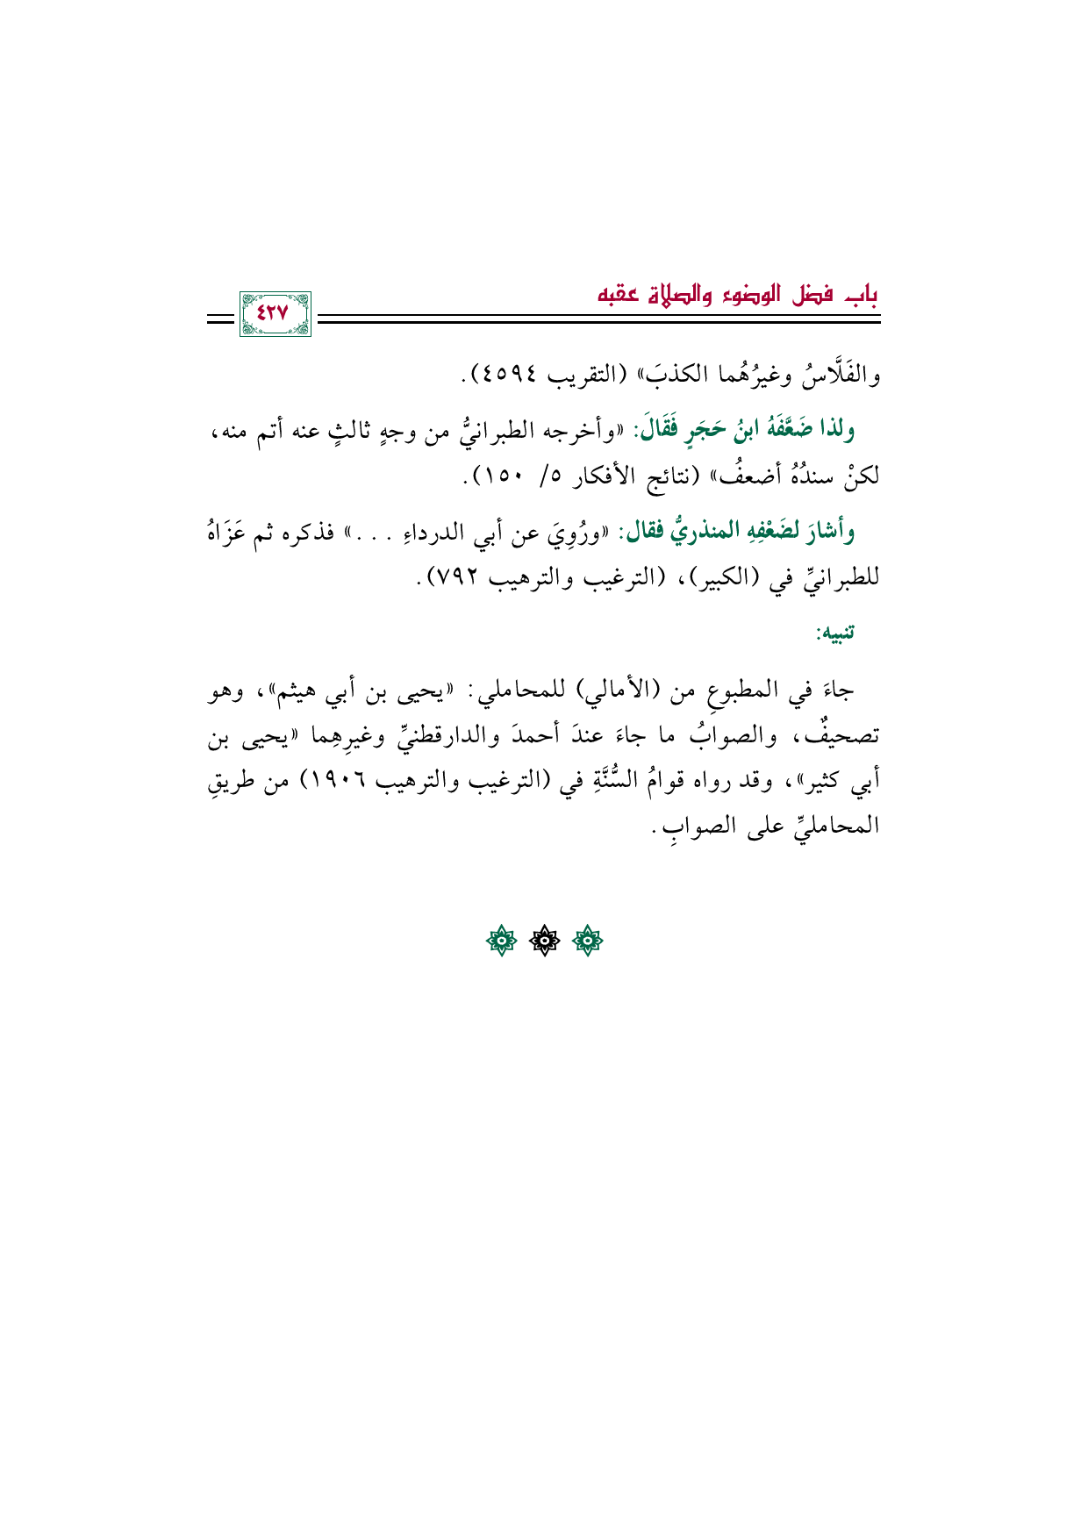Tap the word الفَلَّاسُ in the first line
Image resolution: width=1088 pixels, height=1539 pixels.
tap(841, 376)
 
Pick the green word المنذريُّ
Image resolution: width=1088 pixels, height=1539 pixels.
tap(691, 531)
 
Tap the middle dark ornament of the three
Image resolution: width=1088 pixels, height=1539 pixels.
tap(544, 941)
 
